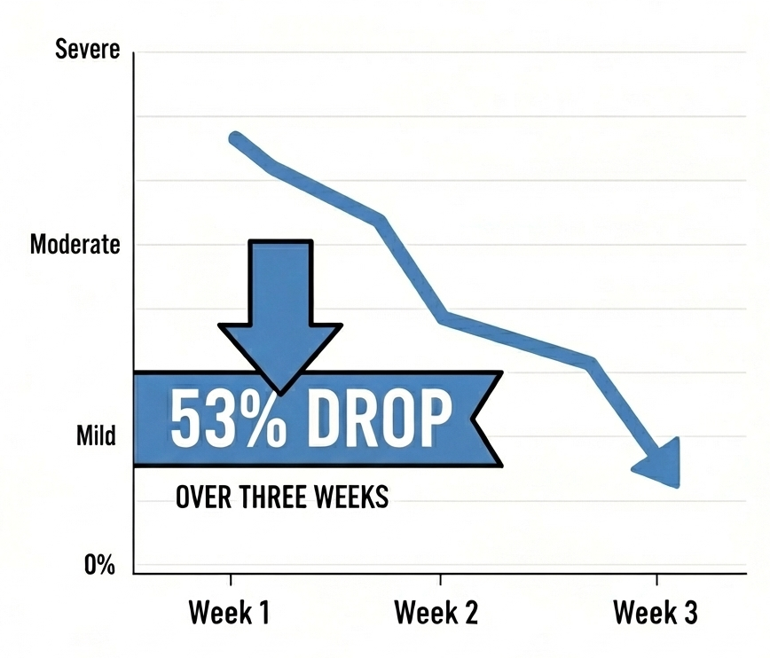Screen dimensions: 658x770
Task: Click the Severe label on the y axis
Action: [87, 50]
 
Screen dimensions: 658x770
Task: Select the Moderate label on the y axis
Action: [75, 245]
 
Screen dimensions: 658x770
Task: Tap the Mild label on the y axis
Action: [97, 437]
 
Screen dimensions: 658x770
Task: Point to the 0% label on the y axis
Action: [99, 564]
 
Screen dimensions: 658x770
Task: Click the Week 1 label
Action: [230, 613]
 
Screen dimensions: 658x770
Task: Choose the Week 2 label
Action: [437, 613]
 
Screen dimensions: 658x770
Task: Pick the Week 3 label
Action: [656, 613]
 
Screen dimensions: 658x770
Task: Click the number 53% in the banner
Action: [229, 419]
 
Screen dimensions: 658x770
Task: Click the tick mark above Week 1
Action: [231, 580]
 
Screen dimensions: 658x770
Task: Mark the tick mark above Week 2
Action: [440, 580]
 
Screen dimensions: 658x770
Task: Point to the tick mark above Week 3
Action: [656, 580]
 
